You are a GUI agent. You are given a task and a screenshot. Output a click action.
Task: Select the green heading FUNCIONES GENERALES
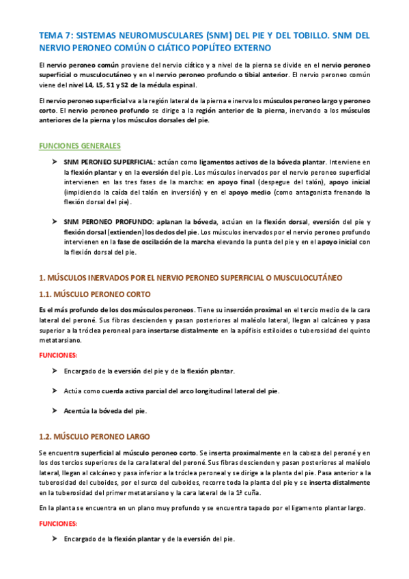80,146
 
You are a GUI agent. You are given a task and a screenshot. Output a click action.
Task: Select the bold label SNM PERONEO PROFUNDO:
108,223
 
